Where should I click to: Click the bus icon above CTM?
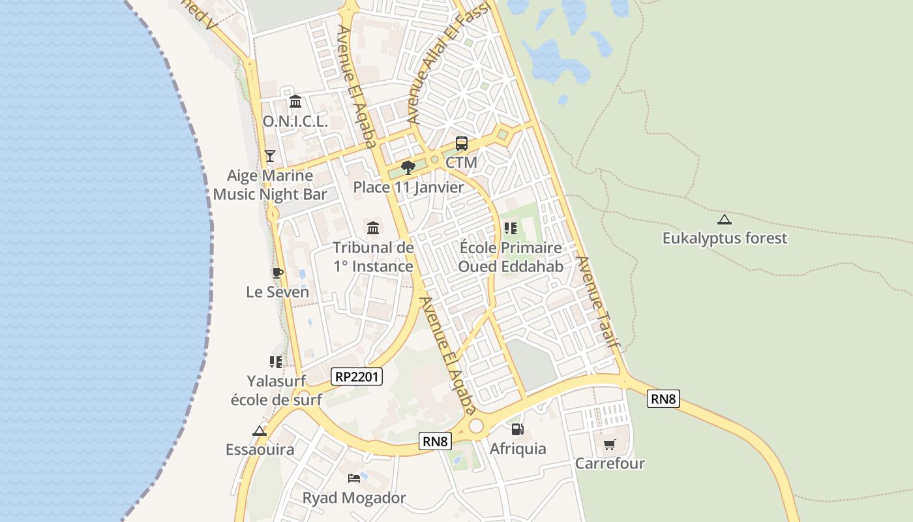point(461,144)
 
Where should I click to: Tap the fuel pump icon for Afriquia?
point(517,429)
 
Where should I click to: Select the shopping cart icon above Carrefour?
point(609,445)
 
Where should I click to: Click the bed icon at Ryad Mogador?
point(354,478)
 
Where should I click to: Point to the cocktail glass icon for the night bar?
point(270,155)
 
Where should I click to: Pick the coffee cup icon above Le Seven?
point(278,273)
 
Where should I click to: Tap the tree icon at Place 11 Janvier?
point(408,168)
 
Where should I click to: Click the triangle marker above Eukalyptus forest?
point(724,219)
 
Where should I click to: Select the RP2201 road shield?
point(357,376)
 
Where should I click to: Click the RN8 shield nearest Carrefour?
point(663,399)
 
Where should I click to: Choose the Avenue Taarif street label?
point(597,300)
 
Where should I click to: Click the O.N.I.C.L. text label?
point(295,122)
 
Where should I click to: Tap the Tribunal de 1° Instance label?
point(373,257)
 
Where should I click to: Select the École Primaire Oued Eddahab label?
point(511,257)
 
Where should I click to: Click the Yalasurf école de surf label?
point(277,390)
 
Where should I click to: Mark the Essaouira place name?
point(260,450)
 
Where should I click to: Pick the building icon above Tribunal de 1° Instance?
point(373,228)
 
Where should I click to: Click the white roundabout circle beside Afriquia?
point(476,426)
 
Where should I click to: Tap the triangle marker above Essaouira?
point(260,431)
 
